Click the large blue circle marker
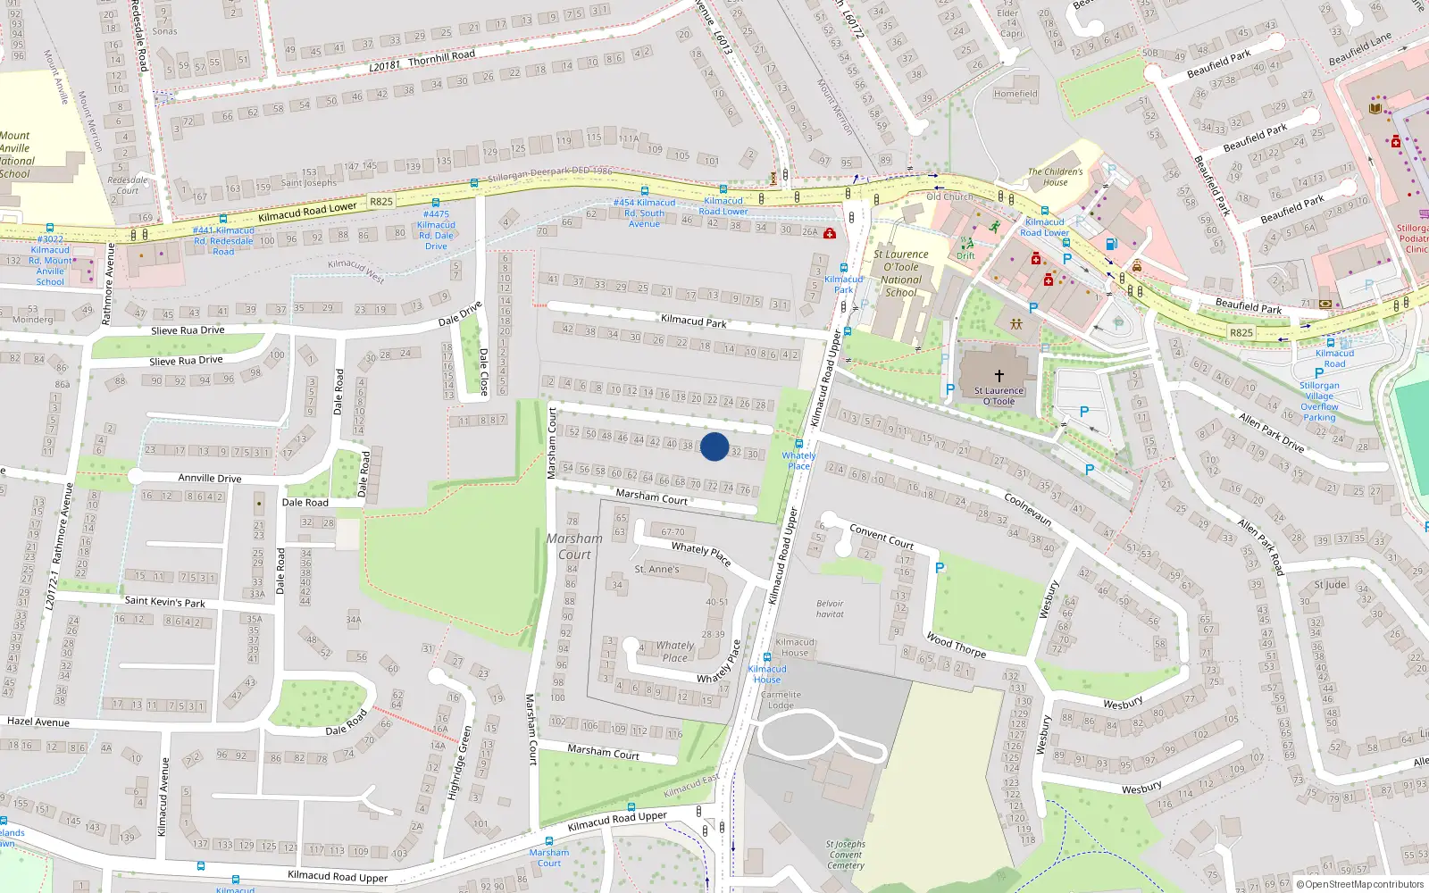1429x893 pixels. [714, 446]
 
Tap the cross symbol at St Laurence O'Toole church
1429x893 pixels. [999, 376]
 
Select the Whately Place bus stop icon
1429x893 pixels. [799, 443]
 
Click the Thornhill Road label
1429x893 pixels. [441, 56]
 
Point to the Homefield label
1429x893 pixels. [1015, 93]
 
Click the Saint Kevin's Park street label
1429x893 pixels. [164, 602]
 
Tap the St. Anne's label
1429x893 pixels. [656, 569]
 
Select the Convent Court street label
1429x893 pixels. [882, 536]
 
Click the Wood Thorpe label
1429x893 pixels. [957, 645]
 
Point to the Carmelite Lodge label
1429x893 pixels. [781, 699]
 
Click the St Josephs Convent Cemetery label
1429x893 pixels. [845, 855]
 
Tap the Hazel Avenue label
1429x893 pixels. [38, 722]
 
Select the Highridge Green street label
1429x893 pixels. [461, 763]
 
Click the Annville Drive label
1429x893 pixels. [210, 478]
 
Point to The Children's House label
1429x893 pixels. [1055, 177]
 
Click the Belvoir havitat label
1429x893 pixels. [830, 608]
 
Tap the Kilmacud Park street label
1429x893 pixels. [693, 321]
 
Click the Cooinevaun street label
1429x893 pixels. [1028, 509]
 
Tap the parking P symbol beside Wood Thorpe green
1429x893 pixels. [940, 568]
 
